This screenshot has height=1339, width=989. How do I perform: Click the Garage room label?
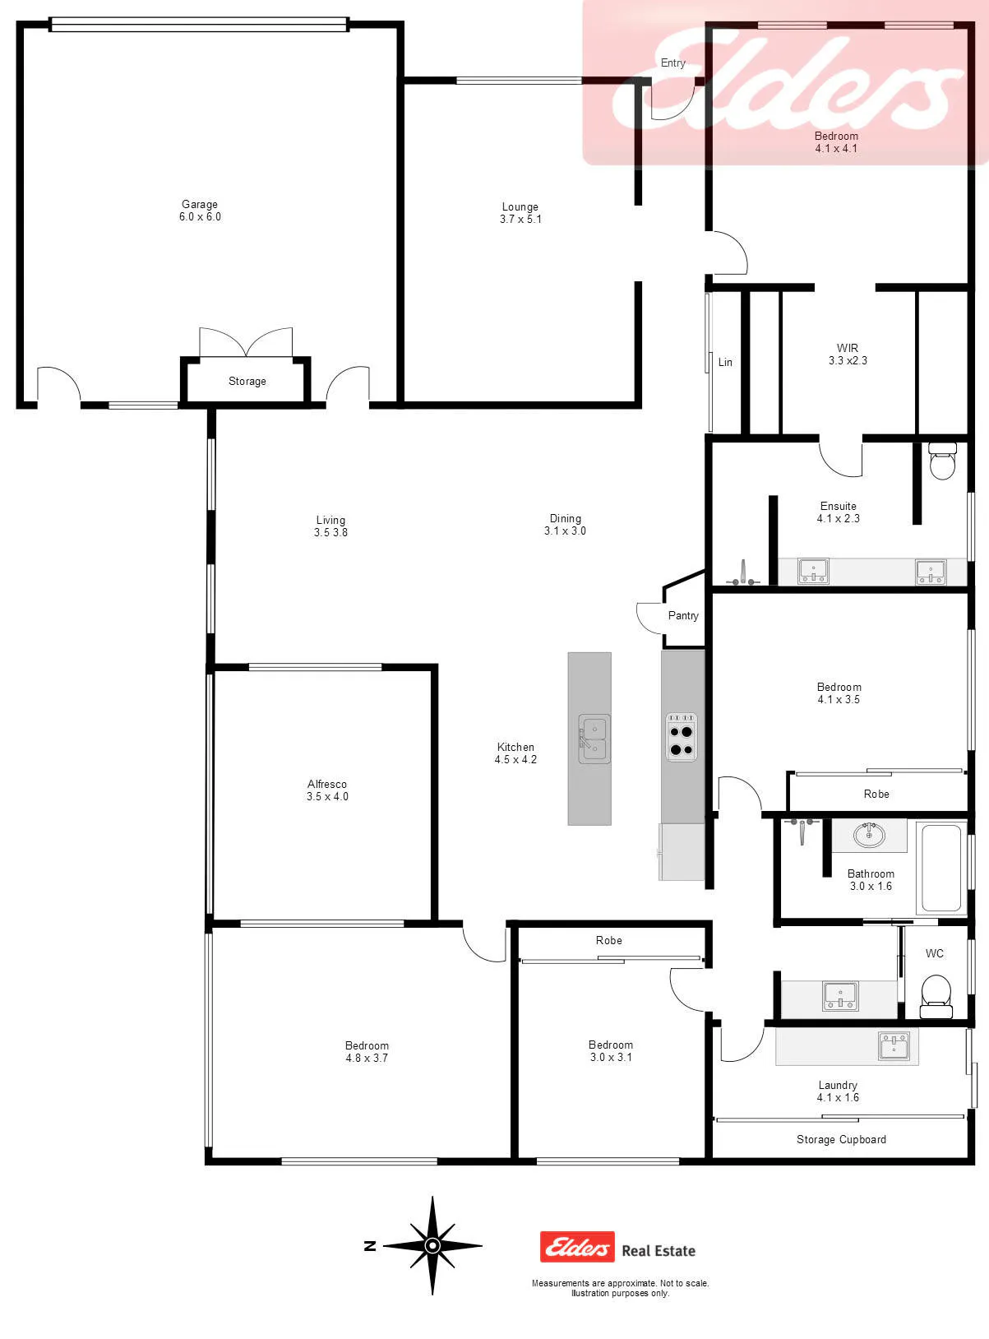click(x=200, y=210)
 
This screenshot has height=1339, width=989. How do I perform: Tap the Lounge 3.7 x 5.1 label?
click(x=520, y=212)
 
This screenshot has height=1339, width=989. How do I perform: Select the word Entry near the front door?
click(x=672, y=63)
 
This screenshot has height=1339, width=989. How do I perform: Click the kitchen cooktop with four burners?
click(x=682, y=736)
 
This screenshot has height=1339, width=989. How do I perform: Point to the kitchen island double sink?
click(x=594, y=739)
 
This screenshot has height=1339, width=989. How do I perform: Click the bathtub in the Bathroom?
click(x=941, y=868)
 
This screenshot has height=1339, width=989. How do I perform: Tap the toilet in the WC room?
click(x=936, y=996)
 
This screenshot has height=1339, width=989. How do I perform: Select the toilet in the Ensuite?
click(x=942, y=461)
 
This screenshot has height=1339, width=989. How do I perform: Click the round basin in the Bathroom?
click(x=869, y=835)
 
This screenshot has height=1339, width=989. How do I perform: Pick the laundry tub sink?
click(x=894, y=1045)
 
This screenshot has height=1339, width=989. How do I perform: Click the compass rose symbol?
click(x=432, y=1245)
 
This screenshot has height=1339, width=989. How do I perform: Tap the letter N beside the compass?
click(x=370, y=1245)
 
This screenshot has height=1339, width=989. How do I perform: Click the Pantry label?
click(x=683, y=616)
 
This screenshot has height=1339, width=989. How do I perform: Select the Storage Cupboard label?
click(x=841, y=1140)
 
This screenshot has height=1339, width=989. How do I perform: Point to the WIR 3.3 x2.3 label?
click(x=848, y=354)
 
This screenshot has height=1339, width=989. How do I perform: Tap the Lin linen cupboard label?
click(x=725, y=362)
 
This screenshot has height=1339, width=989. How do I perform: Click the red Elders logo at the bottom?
click(x=577, y=1247)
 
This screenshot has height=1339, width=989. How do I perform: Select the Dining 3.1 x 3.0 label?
click(x=565, y=525)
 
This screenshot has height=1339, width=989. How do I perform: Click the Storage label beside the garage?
click(x=247, y=381)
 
